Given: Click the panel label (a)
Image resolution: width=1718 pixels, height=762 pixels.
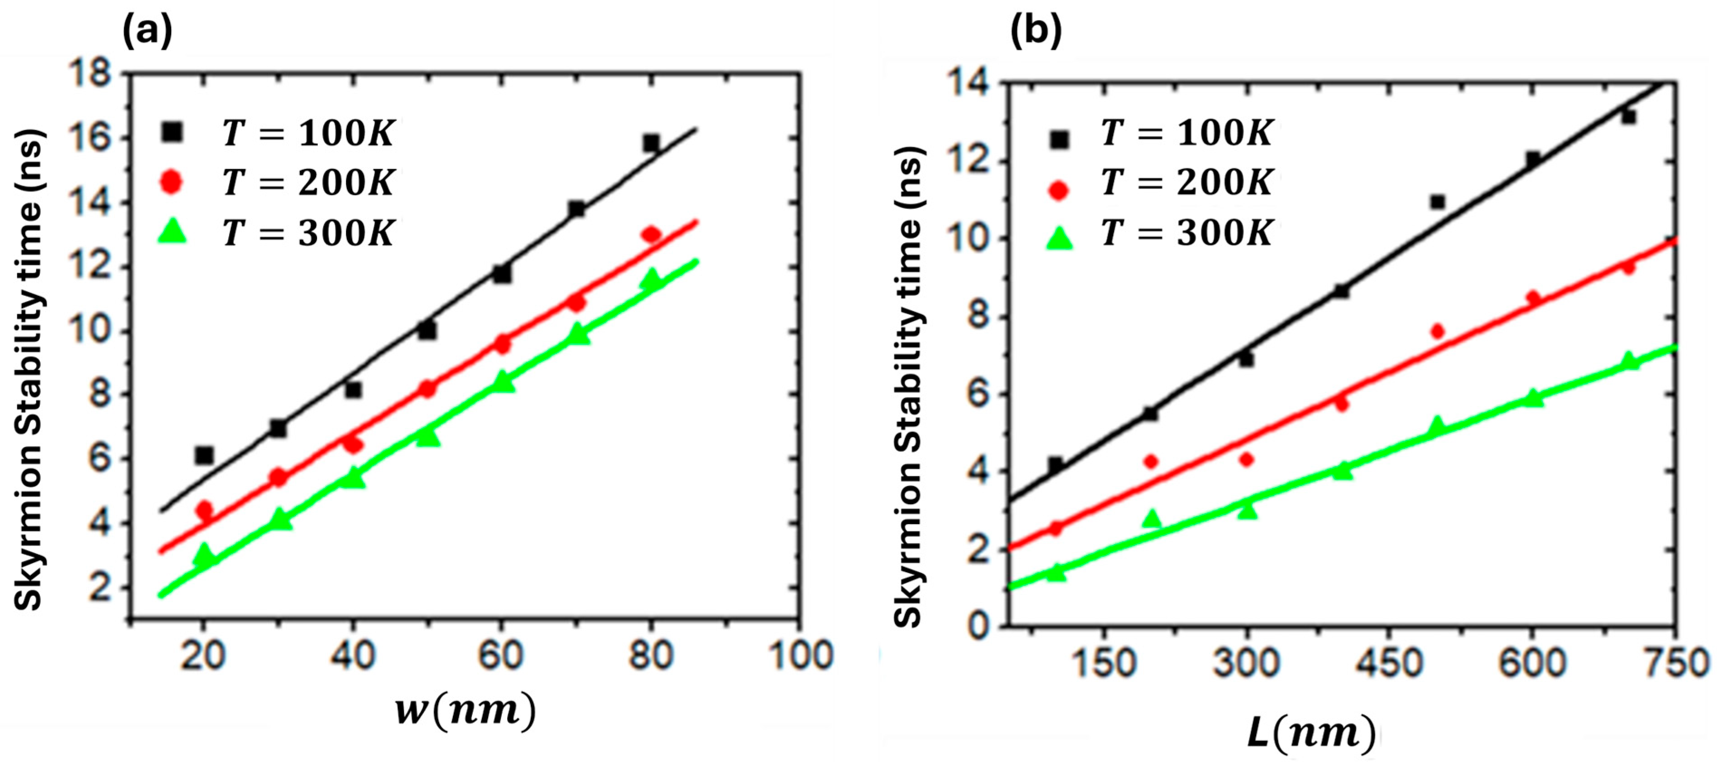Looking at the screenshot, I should click(x=147, y=31).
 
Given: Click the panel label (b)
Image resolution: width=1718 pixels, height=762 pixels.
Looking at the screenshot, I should click(x=1036, y=31).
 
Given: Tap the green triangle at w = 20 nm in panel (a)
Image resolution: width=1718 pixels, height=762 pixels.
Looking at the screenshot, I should click(x=204, y=554).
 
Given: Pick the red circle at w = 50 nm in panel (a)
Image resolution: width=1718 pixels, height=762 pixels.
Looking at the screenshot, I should click(x=427, y=388).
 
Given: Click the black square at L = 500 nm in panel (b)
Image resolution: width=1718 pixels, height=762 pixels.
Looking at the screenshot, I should click(x=1437, y=202).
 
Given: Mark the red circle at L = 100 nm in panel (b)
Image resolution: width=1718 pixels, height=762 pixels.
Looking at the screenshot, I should click(x=1056, y=529).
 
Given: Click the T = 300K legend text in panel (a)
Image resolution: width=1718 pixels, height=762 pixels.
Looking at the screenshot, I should click(x=308, y=233).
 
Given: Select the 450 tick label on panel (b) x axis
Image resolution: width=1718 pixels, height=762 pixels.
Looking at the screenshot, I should click(x=1391, y=663).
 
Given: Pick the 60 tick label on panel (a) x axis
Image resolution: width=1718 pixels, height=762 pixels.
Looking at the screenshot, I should click(x=500, y=655).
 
